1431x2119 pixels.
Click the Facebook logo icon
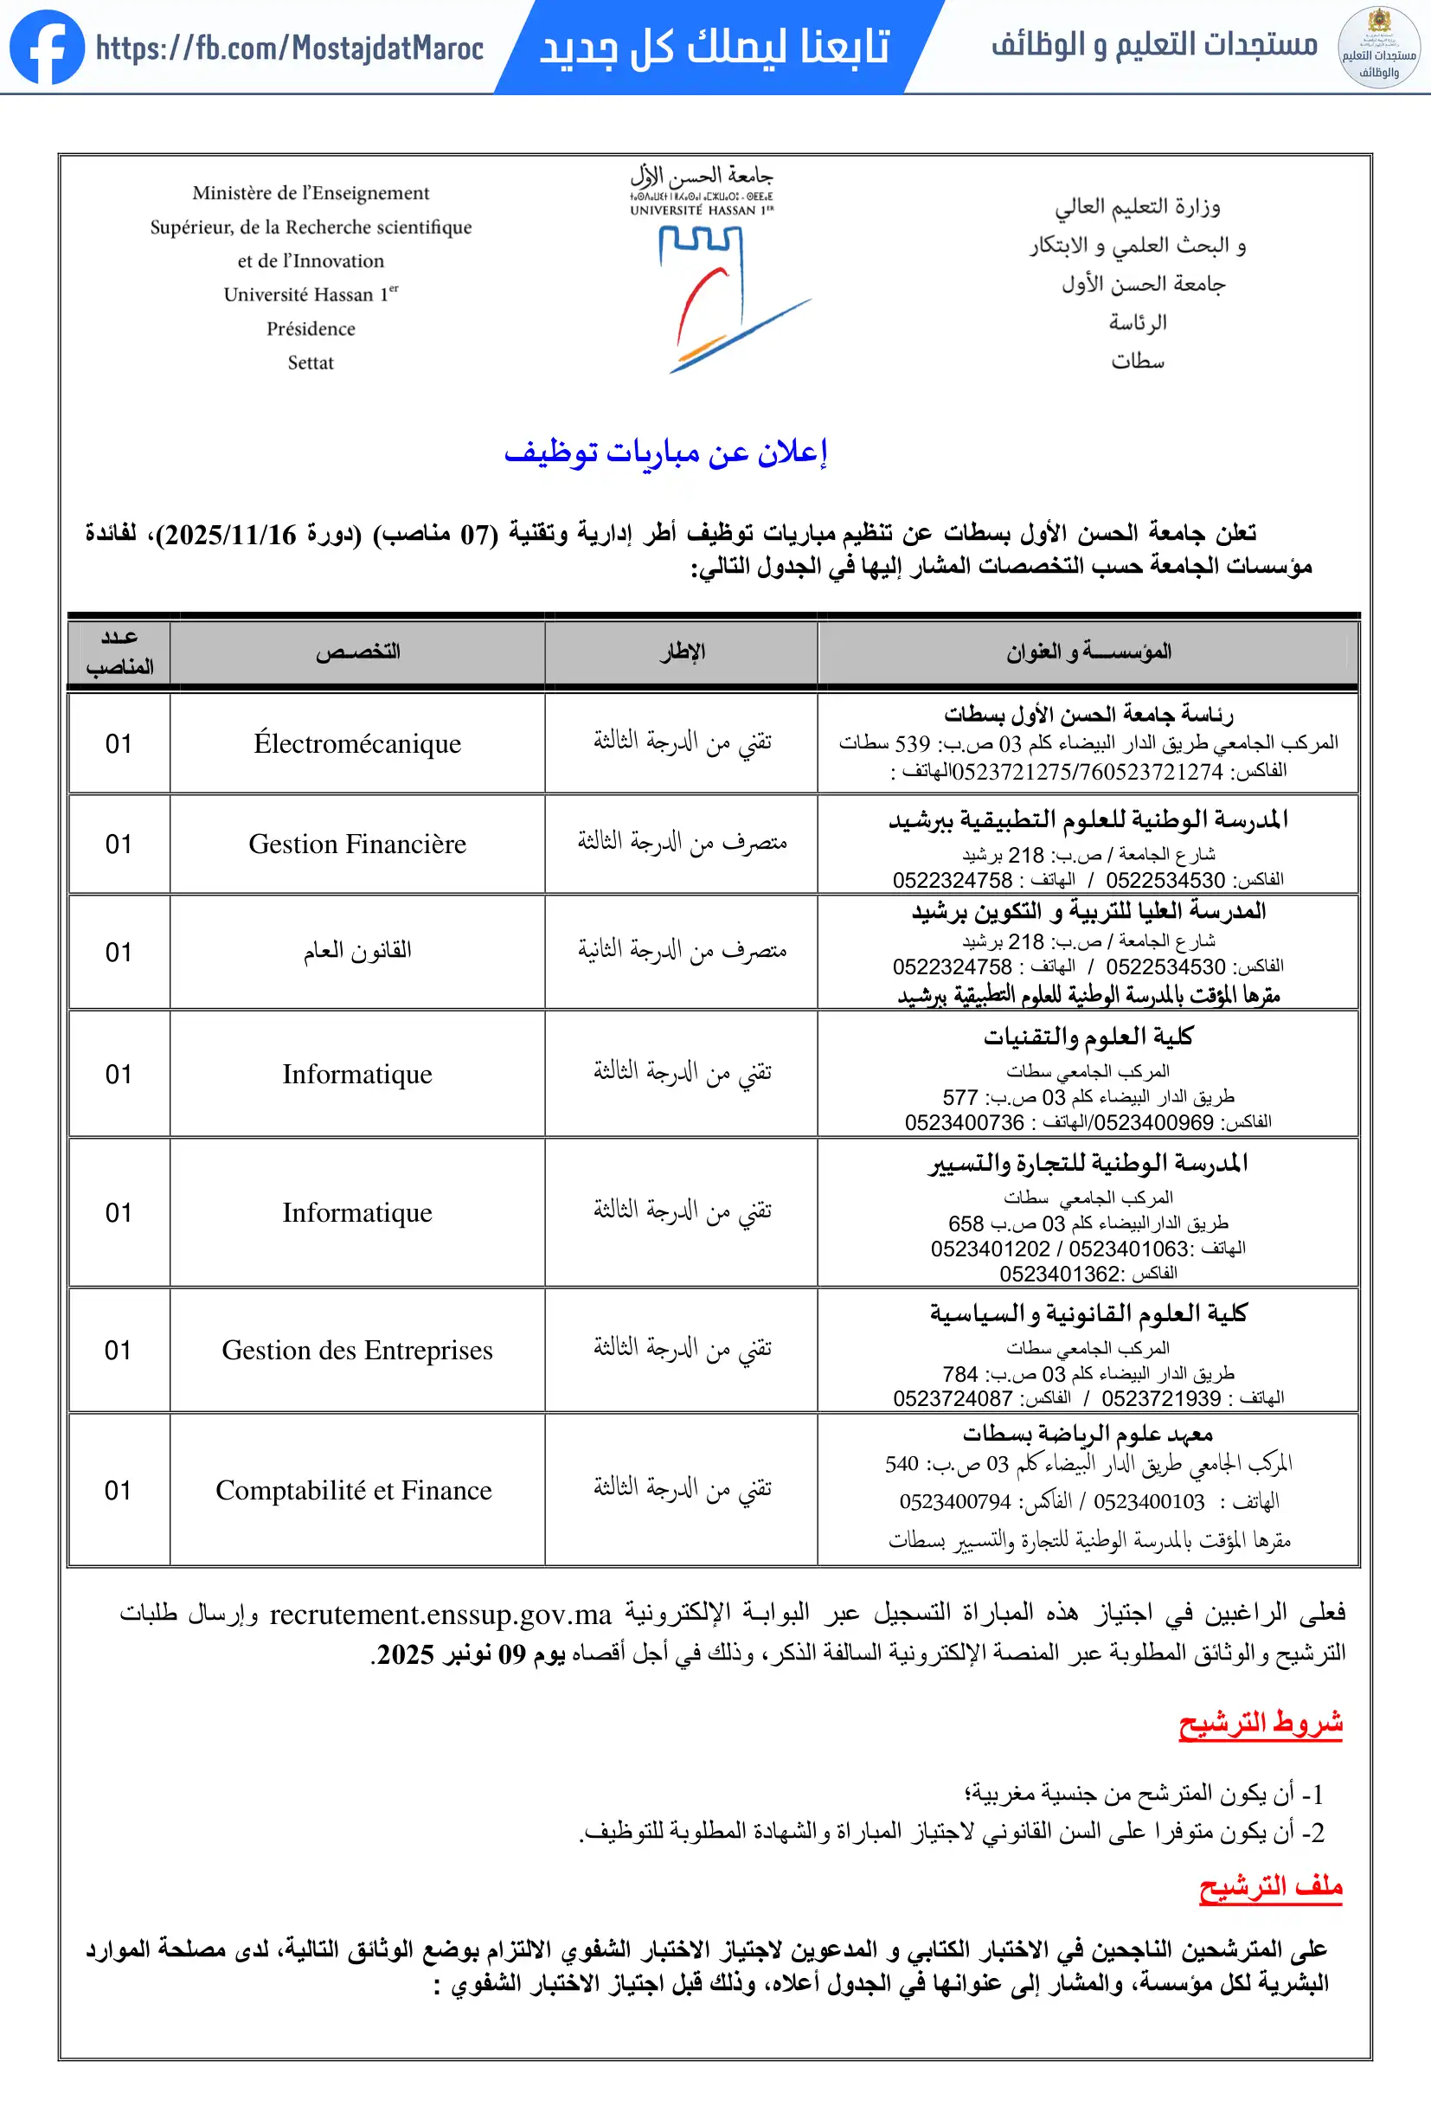pyautogui.click(x=48, y=48)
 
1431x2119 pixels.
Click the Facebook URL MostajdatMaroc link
pyautogui.click(x=289, y=48)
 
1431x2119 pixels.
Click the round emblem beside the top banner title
pyautogui.click(x=1378, y=48)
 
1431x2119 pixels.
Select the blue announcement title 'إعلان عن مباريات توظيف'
pyautogui.click(x=666, y=453)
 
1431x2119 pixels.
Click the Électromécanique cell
pyautogui.click(x=357, y=744)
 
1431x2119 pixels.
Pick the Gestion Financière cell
pyautogui.click(x=357, y=844)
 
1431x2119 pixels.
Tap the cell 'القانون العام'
pyautogui.click(x=357, y=951)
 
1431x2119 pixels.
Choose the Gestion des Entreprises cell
pyautogui.click(x=357, y=1351)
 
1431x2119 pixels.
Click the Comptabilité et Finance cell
pyautogui.click(x=354, y=1491)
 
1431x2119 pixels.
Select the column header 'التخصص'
pyautogui.click(x=357, y=652)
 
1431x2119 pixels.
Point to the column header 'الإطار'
pyautogui.click(x=682, y=652)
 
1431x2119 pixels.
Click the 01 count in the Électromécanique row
pyautogui.click(x=119, y=744)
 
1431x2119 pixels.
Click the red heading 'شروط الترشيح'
pyautogui.click(x=1260, y=1724)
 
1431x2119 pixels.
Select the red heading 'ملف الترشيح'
pyautogui.click(x=1271, y=1886)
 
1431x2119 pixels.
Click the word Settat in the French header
pyautogui.click(x=311, y=363)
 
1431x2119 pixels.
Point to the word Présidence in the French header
pyautogui.click(x=311, y=329)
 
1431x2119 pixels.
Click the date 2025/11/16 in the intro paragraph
pyautogui.click(x=232, y=536)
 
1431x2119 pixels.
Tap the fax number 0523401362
pyautogui.click(x=1059, y=1274)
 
